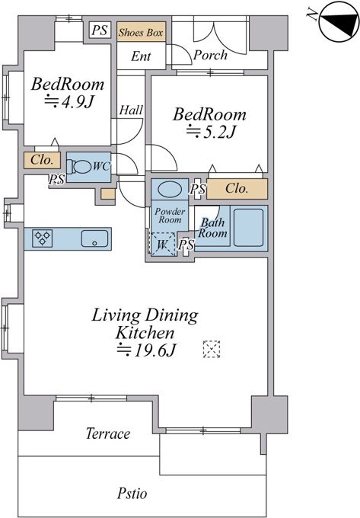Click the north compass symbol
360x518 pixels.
pos(339,22)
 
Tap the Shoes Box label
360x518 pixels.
pos(141,32)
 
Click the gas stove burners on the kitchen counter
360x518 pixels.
pos(43,238)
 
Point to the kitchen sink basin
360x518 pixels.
pos(94,238)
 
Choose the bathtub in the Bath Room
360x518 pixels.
pos(248,227)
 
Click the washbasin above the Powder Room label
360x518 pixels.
pos(170,189)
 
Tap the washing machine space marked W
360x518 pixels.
pos(163,244)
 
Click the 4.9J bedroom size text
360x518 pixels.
pos(69,102)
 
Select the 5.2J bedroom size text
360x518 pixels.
pos(211,132)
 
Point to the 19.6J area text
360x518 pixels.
pos(146,350)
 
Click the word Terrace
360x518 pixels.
pos(108,433)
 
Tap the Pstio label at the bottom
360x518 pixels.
pos(132,493)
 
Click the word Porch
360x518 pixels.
pos(210,55)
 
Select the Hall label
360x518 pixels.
pos(131,110)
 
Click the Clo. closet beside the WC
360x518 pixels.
pos(42,160)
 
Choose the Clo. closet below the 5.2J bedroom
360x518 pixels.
pos(237,189)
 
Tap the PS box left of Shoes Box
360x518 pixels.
pos(100,30)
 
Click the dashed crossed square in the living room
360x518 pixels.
pos(211,349)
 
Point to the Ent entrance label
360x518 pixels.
pos(141,56)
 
